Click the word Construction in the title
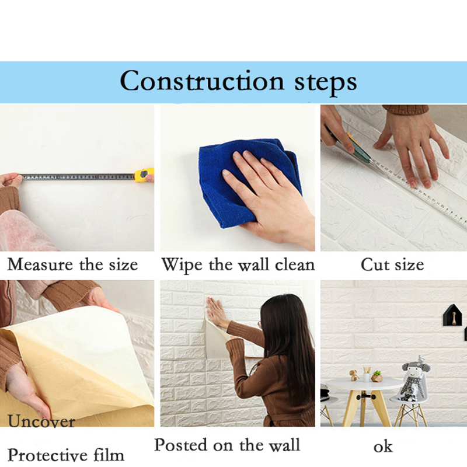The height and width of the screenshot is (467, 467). pyautogui.click(x=202, y=81)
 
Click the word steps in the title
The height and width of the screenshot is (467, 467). pyautogui.click(x=326, y=83)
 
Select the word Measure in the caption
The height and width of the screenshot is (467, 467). pyautogui.click(x=40, y=264)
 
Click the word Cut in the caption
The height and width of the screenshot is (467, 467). pyautogui.click(x=375, y=264)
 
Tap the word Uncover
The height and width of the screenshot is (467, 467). pyautogui.click(x=41, y=421)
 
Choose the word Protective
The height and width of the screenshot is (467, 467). pyautogui.click(x=47, y=455)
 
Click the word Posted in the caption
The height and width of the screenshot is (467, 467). pyautogui.click(x=181, y=445)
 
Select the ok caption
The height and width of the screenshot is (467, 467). pyautogui.click(x=383, y=447)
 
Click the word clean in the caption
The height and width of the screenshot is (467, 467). pyautogui.click(x=295, y=264)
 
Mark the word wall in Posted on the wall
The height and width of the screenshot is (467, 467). pyautogui.click(x=284, y=445)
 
